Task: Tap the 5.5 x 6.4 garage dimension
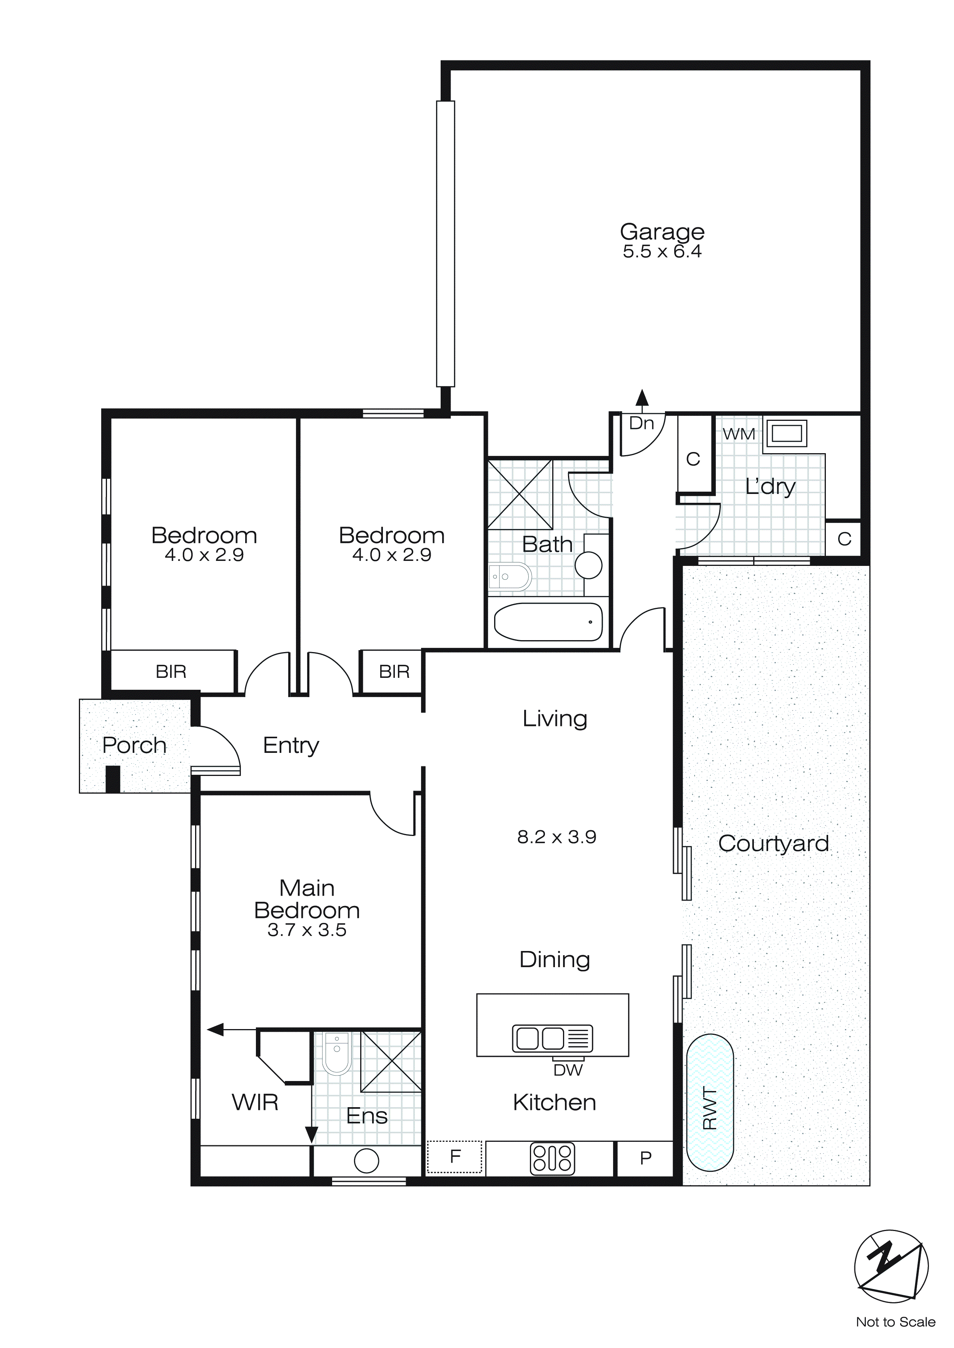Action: coord(662,252)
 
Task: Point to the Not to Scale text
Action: coord(895,1321)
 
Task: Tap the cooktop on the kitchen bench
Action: coord(552,1158)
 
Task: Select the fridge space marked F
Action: coord(454,1156)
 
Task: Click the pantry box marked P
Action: coord(645,1158)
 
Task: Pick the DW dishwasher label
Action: coord(568,1070)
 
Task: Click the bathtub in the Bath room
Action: coord(548,622)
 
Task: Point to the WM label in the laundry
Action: coord(738,434)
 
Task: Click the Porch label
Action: coord(134,745)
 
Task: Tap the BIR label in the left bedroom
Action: coord(170,671)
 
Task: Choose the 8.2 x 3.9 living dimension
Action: coord(556,837)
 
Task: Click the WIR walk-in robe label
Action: coord(255,1102)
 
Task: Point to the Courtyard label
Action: coord(773,843)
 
